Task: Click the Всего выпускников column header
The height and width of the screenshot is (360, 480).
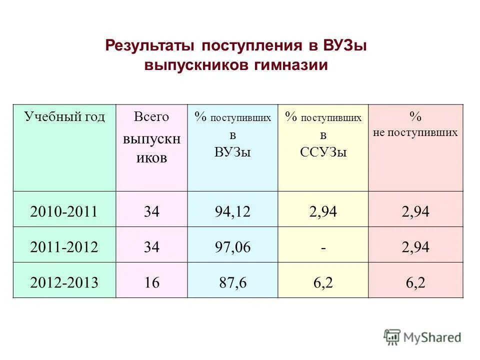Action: point(151,137)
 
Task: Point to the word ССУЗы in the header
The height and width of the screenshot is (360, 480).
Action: point(323,152)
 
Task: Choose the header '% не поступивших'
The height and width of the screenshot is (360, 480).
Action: point(415,124)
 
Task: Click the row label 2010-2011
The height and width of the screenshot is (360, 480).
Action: point(63,211)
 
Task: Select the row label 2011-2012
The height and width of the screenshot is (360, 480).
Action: point(63,247)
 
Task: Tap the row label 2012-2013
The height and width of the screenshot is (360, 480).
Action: point(63,282)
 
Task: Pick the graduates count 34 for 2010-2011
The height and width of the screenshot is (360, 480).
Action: point(151,211)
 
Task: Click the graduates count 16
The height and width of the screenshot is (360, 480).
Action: point(151,282)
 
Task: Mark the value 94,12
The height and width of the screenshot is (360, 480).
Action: point(232,211)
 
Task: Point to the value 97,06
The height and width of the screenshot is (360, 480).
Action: point(232,247)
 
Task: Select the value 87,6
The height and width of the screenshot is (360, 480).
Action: point(232,282)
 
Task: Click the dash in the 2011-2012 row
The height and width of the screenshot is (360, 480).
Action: point(323,247)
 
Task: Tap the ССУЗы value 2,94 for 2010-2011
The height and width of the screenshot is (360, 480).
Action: point(323,211)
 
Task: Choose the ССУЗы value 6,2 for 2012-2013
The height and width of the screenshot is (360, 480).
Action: point(323,282)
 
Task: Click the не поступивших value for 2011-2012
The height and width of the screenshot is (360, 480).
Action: point(415,247)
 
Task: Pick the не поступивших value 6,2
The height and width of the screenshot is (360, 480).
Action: point(415,282)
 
